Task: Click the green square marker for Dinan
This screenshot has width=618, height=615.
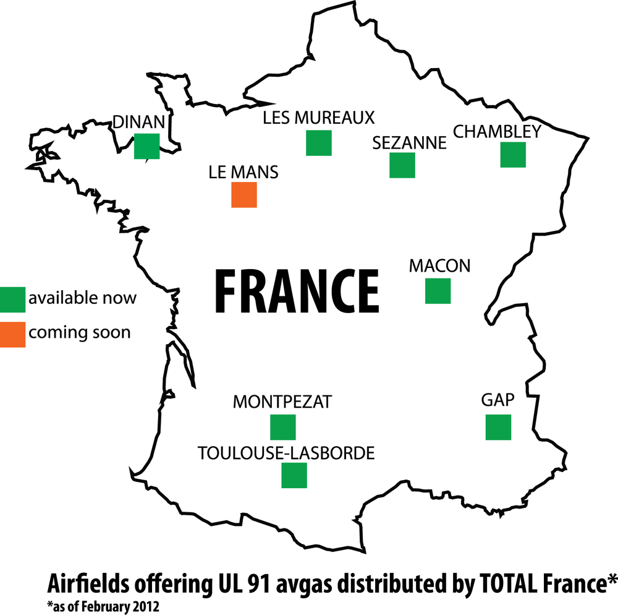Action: pyautogui.click(x=147, y=146)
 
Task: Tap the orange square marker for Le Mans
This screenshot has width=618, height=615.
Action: pyautogui.click(x=244, y=194)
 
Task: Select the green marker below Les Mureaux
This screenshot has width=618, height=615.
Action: pyautogui.click(x=319, y=143)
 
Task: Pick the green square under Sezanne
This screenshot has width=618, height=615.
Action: pyautogui.click(x=402, y=165)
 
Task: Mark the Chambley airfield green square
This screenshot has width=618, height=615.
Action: pyautogui.click(x=513, y=155)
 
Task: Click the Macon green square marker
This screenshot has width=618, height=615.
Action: pyautogui.click(x=438, y=291)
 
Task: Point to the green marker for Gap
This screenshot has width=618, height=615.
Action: pyautogui.click(x=498, y=428)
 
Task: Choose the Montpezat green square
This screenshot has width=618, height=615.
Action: pyautogui.click(x=283, y=428)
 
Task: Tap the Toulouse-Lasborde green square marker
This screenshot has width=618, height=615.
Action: pyautogui.click(x=294, y=475)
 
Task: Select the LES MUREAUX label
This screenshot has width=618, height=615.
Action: pyautogui.click(x=319, y=118)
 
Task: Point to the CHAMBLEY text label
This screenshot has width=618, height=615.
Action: pyautogui.click(x=497, y=131)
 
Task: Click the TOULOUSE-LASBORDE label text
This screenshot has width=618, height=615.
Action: pyautogui.click(x=286, y=453)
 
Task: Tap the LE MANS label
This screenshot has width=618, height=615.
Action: pyautogui.click(x=244, y=172)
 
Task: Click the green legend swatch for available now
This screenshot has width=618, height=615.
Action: pyautogui.click(x=13, y=299)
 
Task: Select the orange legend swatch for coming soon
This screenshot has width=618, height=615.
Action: pyautogui.click(x=13, y=334)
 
